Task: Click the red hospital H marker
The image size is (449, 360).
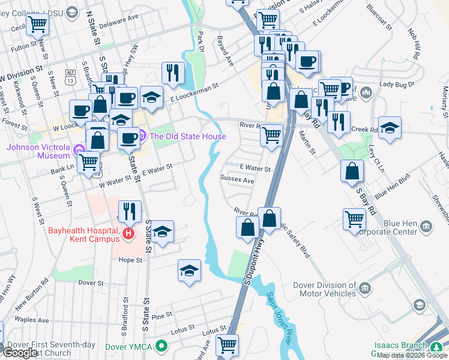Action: tap(127, 233)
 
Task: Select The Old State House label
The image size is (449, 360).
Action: tap(187, 136)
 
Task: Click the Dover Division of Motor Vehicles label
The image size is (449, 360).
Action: tap(324, 290)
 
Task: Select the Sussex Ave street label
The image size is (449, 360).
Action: tap(237, 179)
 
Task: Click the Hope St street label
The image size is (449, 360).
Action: tap(130, 260)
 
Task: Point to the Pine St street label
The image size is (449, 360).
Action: tap(163, 315)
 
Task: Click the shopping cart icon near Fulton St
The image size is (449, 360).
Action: tap(37, 25)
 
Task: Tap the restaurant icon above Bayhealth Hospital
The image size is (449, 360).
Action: tap(130, 211)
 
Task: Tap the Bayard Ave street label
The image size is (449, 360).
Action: tap(225, 50)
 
